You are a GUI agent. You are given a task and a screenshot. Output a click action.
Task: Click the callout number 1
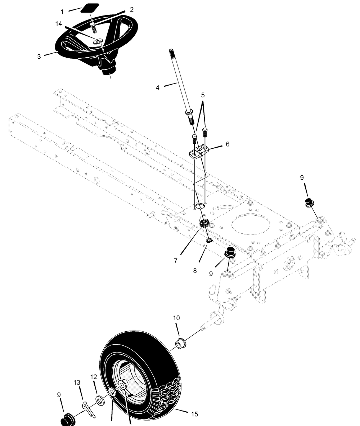click(62, 12)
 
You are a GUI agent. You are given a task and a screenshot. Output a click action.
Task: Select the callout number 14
click(58, 24)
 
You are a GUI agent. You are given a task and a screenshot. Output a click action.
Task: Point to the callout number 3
click(39, 57)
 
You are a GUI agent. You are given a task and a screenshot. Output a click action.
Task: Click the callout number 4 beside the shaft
click(158, 88)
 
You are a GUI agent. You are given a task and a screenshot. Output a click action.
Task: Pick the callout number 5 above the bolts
click(203, 95)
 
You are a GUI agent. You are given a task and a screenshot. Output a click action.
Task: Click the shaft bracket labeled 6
click(199, 152)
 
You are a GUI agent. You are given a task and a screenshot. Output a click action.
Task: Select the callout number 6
click(228, 144)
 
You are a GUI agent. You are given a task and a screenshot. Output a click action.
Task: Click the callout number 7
click(176, 261)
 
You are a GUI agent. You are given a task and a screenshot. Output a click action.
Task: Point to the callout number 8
click(195, 271)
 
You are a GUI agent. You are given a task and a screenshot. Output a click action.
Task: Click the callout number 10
click(176, 318)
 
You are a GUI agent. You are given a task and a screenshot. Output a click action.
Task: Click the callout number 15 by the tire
click(194, 414)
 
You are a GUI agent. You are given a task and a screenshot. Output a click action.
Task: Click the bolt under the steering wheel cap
click(93, 28)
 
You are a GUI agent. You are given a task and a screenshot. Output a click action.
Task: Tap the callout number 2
click(132, 9)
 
